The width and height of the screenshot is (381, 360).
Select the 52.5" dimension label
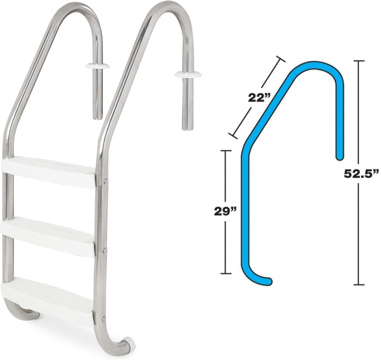tap(360, 174)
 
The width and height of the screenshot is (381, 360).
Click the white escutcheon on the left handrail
tap(97, 66)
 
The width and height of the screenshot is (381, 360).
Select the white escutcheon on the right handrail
tap(188, 73)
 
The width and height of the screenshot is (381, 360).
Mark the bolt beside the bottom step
tap(104, 318)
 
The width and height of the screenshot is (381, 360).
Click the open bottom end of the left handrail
tap(98, 116)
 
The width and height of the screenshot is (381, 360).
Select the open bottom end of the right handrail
tap(187, 127)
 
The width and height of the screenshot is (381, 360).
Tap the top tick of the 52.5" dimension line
tap(359, 61)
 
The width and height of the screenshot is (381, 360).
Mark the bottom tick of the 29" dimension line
tap(226, 273)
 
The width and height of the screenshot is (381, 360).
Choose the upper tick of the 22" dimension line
tap(280, 59)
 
